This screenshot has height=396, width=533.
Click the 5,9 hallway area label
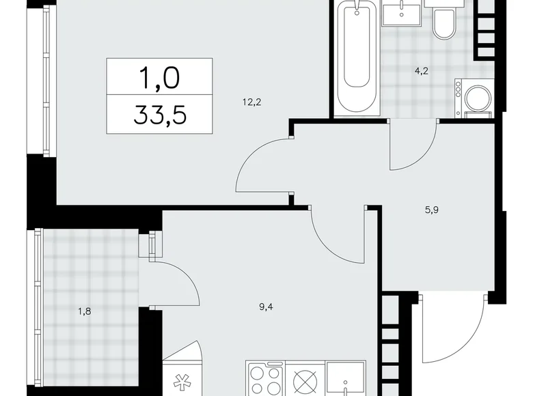(x=430, y=211)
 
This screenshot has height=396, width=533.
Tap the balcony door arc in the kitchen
(x=179, y=281)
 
